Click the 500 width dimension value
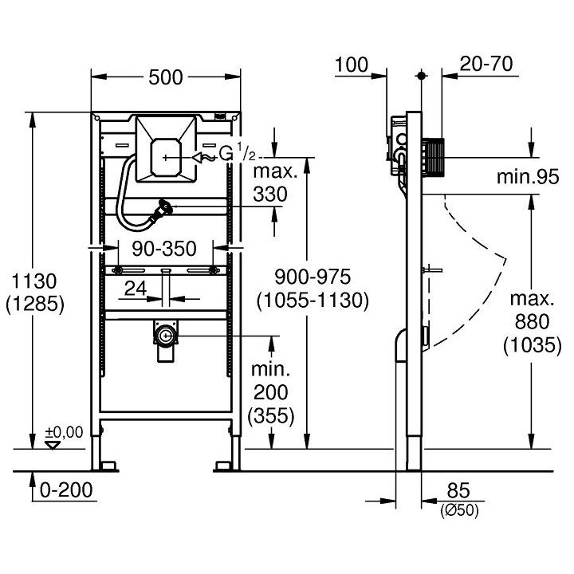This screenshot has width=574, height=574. (x=166, y=77)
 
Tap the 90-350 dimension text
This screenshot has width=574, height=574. (x=164, y=249)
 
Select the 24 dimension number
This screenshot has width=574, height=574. (x=136, y=289)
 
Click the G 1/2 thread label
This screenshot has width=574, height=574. (x=238, y=153)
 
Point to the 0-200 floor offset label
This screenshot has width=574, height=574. (x=66, y=489)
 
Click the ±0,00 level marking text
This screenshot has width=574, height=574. (x=64, y=432)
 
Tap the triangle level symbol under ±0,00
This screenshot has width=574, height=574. (x=53, y=445)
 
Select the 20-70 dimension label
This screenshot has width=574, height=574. (x=486, y=64)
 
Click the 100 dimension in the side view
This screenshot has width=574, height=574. (x=352, y=65)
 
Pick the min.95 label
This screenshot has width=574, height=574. (x=528, y=177)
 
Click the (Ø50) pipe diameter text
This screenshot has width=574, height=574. (x=459, y=510)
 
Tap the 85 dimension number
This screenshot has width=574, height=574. (x=458, y=490)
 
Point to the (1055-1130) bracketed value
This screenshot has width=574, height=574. (x=313, y=301)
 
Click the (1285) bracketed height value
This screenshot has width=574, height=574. (x=35, y=305)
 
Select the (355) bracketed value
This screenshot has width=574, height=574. (x=271, y=416)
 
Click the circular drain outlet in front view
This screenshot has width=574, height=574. (x=166, y=336)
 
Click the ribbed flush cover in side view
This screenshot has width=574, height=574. (x=433, y=158)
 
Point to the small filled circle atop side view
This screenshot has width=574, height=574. (x=422, y=76)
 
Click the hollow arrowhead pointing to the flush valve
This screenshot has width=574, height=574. (x=198, y=158)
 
